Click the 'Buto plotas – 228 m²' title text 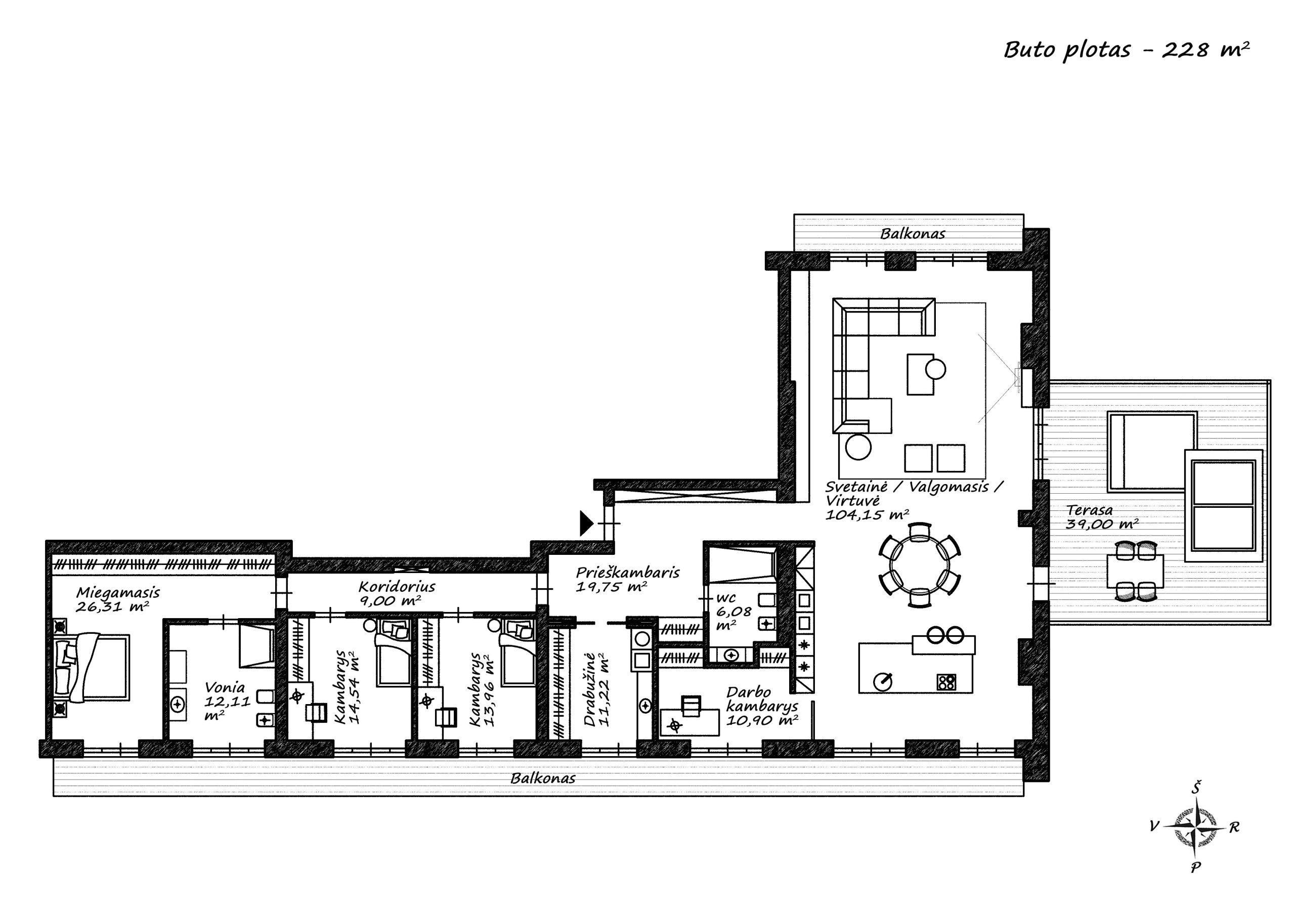click(x=1127, y=50)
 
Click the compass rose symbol click(x=1195, y=827)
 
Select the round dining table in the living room click(x=920, y=565)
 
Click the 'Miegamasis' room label click(x=118, y=593)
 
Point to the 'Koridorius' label click(x=397, y=587)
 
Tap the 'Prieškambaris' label click(x=627, y=573)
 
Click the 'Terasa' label click(x=1089, y=510)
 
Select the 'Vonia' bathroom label click(x=225, y=687)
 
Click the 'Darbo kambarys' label click(x=761, y=700)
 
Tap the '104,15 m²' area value click(x=867, y=514)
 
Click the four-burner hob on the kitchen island click(x=947, y=682)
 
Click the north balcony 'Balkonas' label click(x=913, y=234)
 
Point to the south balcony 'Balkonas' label click(x=543, y=778)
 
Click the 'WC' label click(x=726, y=598)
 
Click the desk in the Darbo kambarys click(x=690, y=723)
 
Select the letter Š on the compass click(x=1196, y=788)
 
